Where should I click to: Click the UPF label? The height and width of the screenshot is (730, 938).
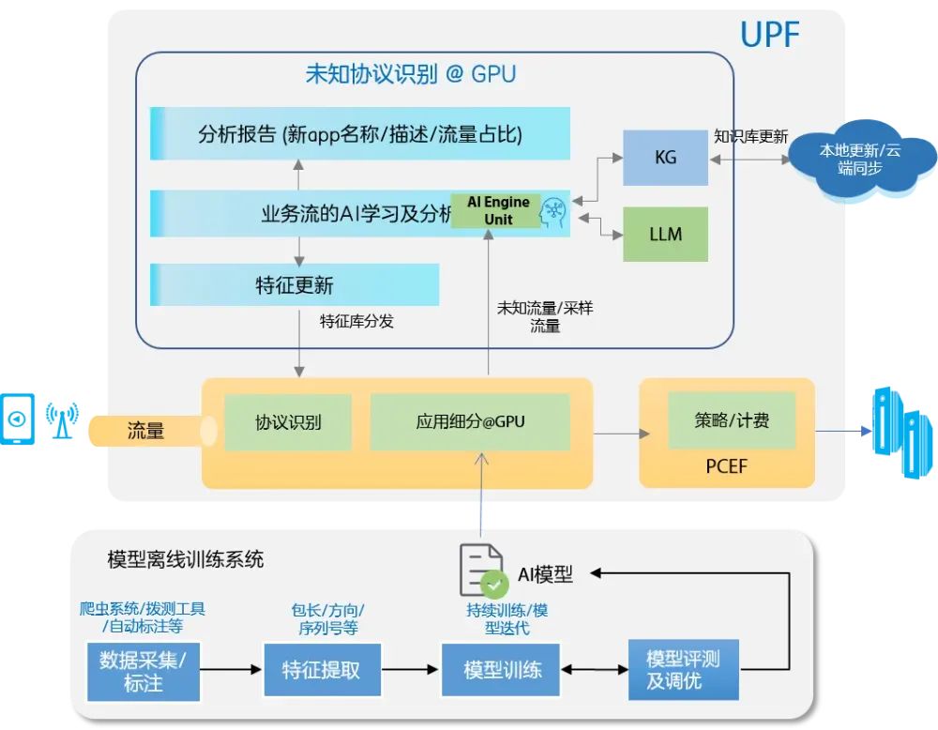[769, 35]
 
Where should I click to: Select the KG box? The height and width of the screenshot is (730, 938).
[665, 158]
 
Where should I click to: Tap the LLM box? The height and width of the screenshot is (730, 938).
[665, 234]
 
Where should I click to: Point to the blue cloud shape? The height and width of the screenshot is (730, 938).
[860, 158]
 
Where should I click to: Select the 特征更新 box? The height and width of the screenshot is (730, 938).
[295, 284]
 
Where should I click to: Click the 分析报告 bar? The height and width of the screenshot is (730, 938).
[360, 133]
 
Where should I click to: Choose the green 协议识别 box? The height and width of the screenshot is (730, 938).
[288, 422]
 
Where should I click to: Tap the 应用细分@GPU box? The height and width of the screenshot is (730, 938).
[470, 422]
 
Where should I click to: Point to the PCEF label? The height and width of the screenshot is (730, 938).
[726, 465]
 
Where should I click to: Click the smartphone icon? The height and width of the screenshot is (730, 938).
[17, 418]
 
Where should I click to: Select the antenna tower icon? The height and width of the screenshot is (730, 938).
[62, 418]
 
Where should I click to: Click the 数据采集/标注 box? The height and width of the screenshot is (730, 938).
[143, 671]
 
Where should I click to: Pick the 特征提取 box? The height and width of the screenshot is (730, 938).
[322, 670]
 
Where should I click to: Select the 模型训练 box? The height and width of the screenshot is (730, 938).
[501, 670]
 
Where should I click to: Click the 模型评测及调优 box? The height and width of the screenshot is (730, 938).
[683, 670]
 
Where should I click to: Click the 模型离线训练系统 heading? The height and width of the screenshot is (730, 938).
[186, 560]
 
